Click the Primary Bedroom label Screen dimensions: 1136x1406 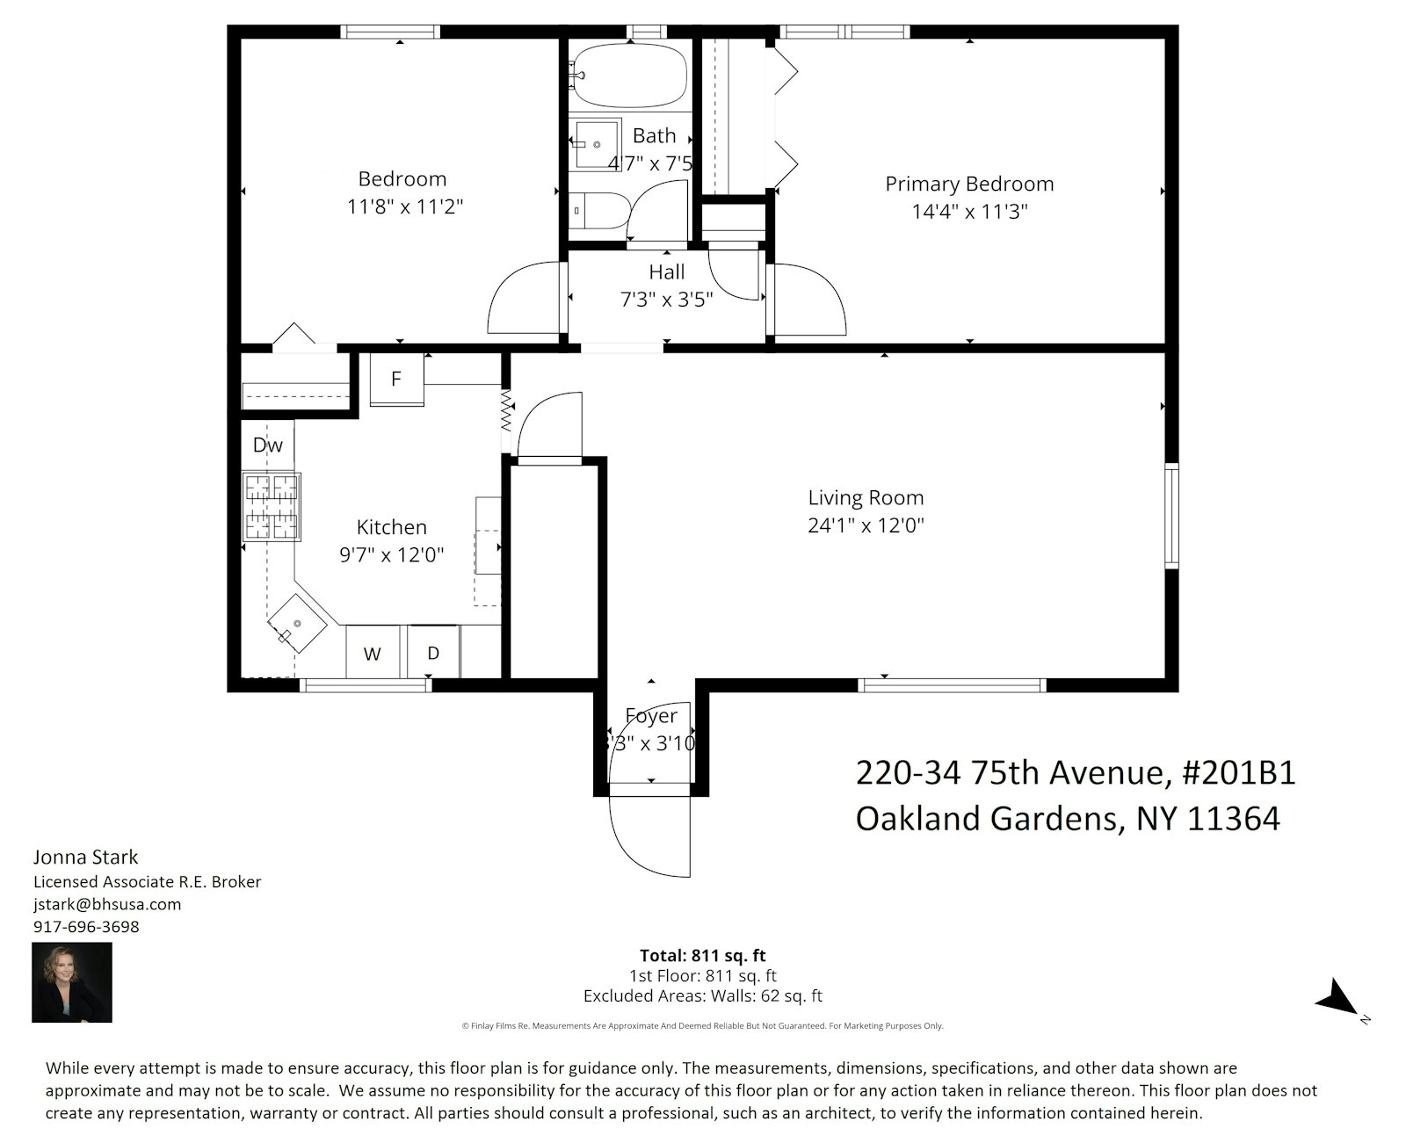point(968,184)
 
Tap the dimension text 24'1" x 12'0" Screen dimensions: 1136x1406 point(866,525)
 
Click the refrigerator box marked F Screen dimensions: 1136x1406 point(396,380)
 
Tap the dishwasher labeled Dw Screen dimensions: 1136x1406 point(267,445)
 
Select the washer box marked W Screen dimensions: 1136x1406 point(373,654)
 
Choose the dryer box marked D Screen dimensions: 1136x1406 point(433,653)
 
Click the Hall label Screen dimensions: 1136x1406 point(666,272)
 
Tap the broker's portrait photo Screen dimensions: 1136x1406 point(72,982)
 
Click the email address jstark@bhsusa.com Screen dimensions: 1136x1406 point(107,904)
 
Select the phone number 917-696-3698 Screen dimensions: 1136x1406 point(86,927)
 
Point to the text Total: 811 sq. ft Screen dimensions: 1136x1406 point(702,955)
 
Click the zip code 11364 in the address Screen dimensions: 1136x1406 point(1233,819)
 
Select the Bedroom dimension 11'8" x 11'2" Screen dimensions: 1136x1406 point(404,207)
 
